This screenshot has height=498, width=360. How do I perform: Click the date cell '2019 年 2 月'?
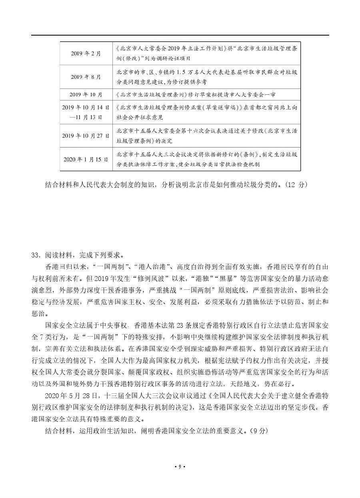tap(86, 54)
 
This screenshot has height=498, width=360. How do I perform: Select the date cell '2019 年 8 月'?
tap(86, 77)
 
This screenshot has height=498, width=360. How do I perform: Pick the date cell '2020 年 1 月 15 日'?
tap(86, 159)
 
